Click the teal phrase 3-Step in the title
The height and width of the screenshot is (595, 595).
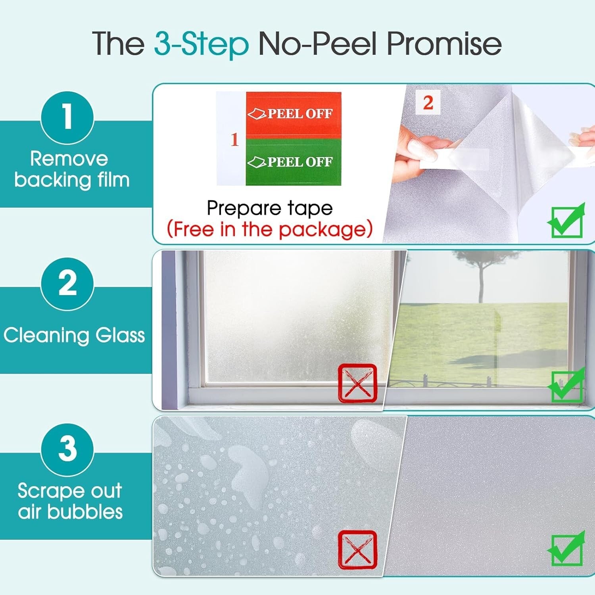[x=202, y=44]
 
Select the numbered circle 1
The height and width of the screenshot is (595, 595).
[x=67, y=117]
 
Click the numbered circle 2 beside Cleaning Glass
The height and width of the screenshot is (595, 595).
[x=67, y=284]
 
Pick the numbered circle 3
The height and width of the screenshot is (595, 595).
[x=67, y=449]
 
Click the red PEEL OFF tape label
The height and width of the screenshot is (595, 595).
[x=293, y=115]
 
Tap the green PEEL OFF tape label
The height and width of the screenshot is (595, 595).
[x=293, y=162]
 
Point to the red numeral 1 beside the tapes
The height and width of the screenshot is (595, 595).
[x=234, y=139]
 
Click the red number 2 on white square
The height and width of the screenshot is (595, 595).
[x=428, y=103]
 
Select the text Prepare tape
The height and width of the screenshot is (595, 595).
[x=270, y=208]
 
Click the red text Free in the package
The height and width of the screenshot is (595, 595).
[x=270, y=229]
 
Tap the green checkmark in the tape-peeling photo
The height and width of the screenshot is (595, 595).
[x=566, y=221]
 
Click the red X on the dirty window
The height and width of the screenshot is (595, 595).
[x=357, y=383]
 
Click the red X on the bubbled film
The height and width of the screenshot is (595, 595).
[x=357, y=549]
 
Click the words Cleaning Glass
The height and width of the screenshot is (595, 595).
[x=74, y=335]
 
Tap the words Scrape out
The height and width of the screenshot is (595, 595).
[x=70, y=491]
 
